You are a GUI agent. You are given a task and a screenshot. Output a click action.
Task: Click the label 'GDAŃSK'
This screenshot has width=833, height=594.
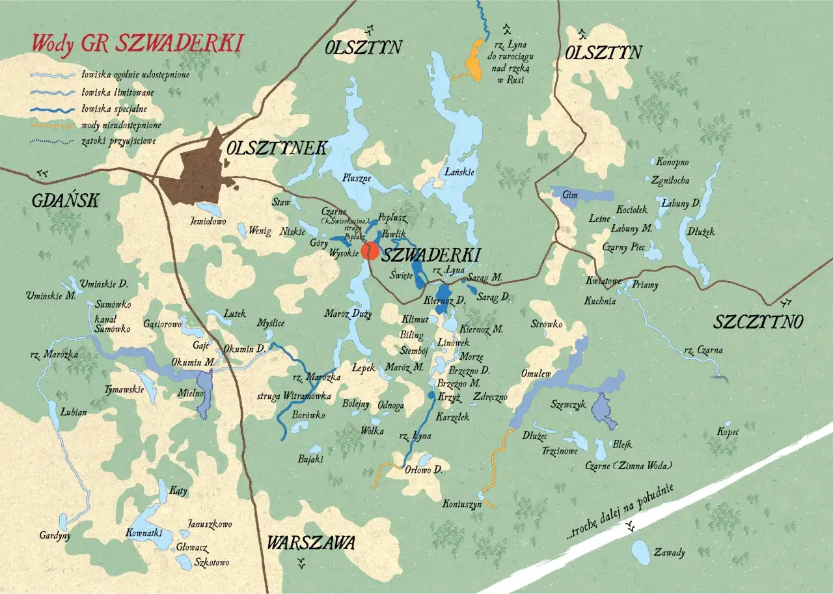pos(65,201)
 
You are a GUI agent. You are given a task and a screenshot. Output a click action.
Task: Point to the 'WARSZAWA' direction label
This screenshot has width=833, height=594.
pos(311,542)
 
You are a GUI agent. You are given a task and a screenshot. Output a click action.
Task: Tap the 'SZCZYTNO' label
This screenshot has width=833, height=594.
pos(759,321)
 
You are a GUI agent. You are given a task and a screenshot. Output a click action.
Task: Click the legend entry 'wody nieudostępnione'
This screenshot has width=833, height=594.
pos(121,124)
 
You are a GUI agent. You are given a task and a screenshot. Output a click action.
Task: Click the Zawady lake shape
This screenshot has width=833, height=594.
pos(641,553)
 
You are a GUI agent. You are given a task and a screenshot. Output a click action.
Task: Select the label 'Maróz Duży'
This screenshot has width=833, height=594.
pos(348,314)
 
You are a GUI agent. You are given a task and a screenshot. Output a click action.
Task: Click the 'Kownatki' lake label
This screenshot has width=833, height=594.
pos(144,533)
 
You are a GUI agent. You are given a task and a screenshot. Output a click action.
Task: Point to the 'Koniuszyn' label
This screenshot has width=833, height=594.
pos(461,504)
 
